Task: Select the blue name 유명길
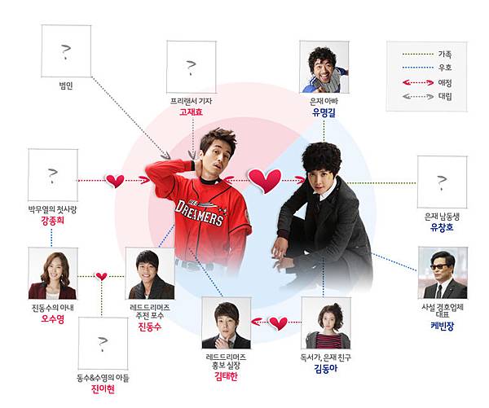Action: click(x=324, y=113)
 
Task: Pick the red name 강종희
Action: click(x=52, y=230)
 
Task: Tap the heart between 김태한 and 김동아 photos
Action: click(x=278, y=323)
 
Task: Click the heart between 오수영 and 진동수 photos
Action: click(x=101, y=276)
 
